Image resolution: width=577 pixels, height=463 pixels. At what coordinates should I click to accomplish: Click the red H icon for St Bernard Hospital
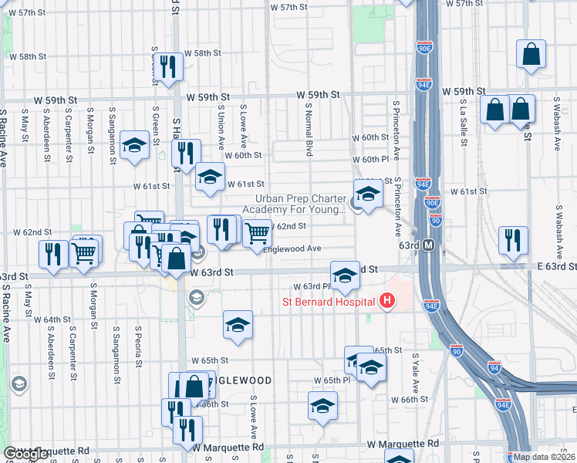pos(388,300)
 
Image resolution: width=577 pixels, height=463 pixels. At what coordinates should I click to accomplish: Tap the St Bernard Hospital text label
pos(329,301)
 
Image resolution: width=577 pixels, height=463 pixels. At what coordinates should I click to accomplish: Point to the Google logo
pos(25,454)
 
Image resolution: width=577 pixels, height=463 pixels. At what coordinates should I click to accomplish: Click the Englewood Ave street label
pos(292,248)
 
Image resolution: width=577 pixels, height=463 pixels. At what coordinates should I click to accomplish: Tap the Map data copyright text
pos(545,457)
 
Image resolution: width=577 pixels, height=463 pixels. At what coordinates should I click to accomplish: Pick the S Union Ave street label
pos(221,127)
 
